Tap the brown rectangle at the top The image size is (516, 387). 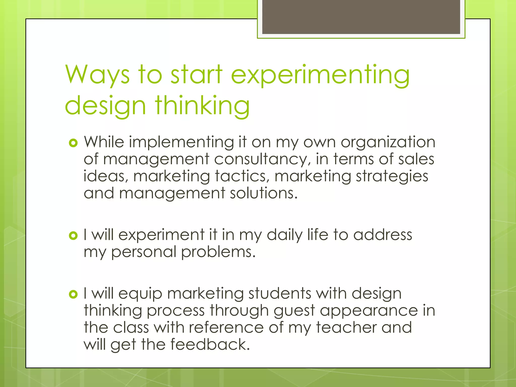click(361, 17)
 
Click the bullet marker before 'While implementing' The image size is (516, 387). click(73, 143)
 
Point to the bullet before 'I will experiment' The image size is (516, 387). click(73, 236)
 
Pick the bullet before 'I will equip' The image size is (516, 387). click(73, 294)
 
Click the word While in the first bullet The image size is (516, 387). click(104, 142)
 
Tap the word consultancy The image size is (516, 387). click(261, 159)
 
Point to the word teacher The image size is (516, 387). click(346, 327)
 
